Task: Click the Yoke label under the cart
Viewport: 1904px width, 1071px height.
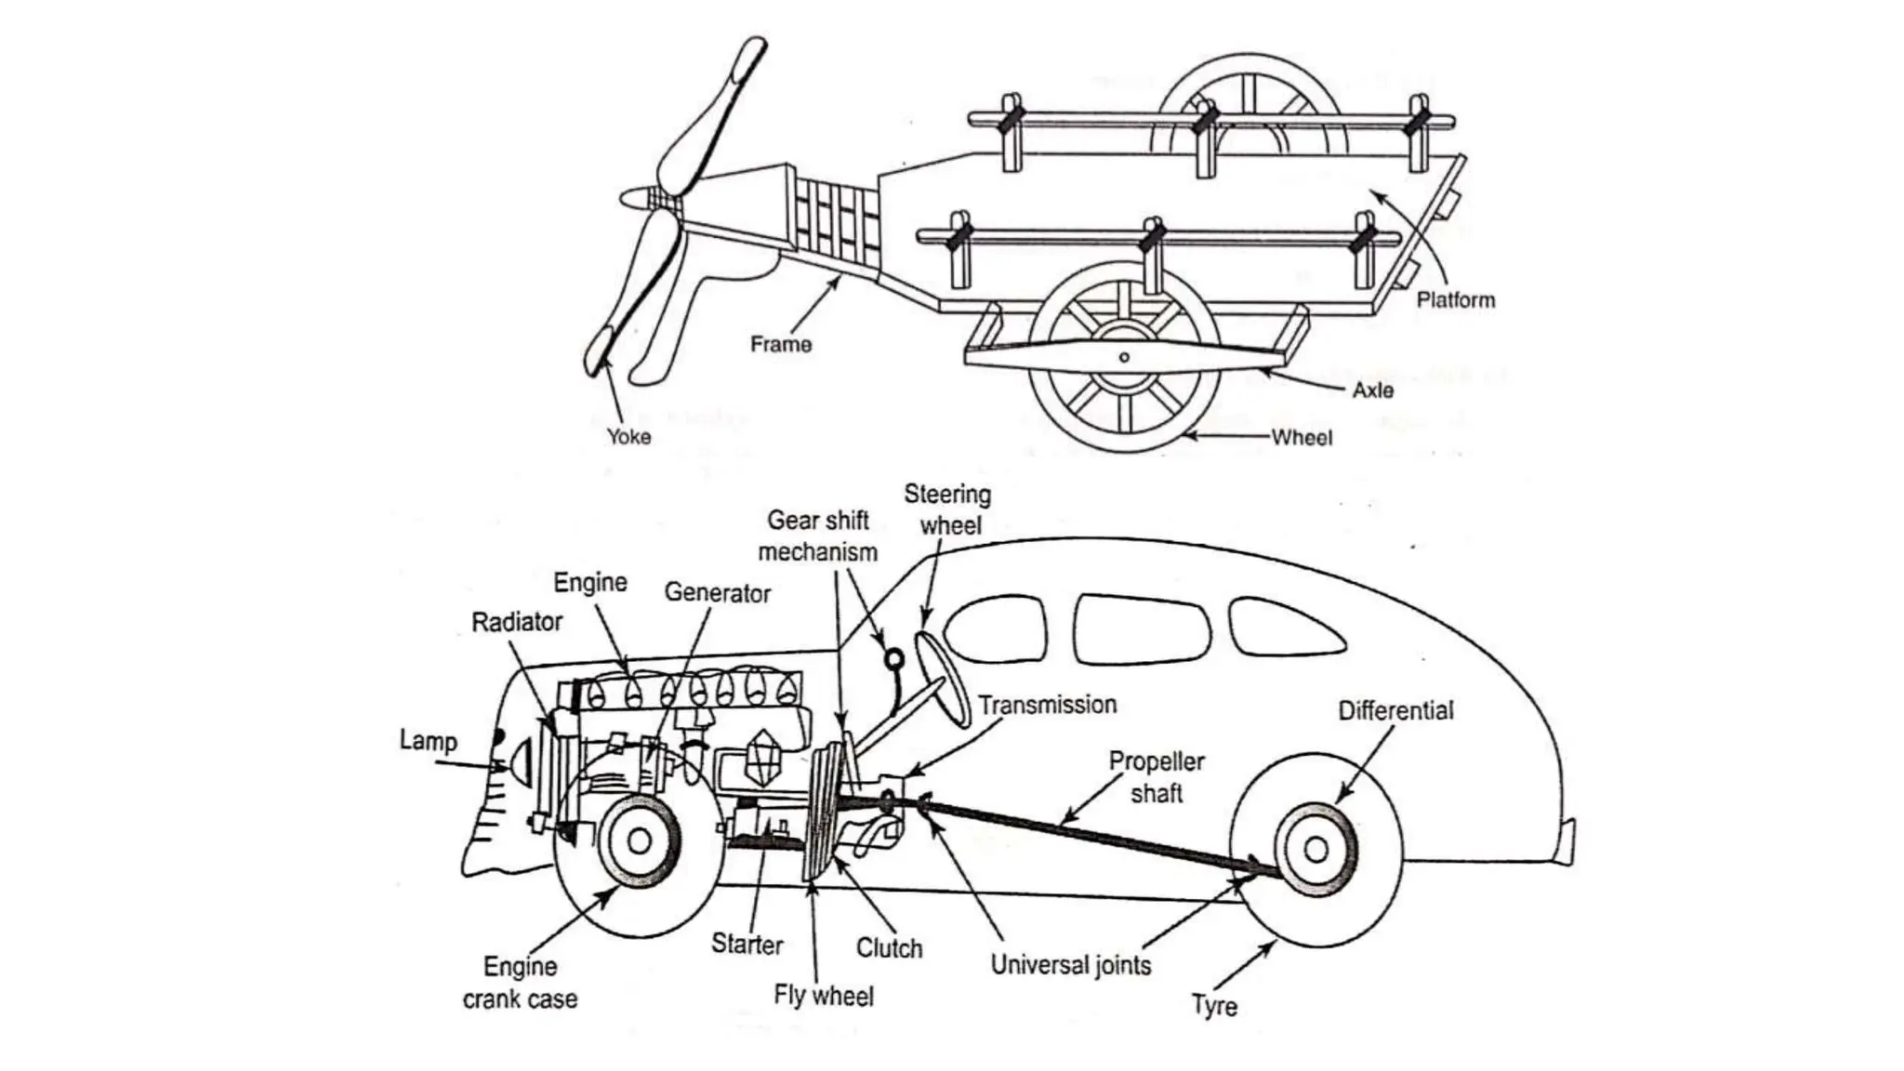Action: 628,436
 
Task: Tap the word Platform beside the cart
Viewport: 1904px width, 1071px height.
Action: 1455,300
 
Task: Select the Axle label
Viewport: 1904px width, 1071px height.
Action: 1372,390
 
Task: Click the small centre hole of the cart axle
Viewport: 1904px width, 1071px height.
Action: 1124,357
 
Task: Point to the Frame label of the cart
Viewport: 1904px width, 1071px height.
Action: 780,345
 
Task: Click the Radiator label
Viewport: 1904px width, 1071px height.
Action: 517,622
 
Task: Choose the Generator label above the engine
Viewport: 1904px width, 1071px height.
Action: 717,593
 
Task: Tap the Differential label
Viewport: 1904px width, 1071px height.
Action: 1395,711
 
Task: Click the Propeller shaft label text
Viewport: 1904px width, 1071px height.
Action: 1156,777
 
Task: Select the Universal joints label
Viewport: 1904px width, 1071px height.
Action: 1070,965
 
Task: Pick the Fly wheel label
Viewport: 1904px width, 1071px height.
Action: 824,996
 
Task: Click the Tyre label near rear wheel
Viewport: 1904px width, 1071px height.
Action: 1214,1006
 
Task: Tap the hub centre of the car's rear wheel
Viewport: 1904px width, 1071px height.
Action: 1316,849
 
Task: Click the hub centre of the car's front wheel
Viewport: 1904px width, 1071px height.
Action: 640,841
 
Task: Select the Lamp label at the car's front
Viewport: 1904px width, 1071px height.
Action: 428,741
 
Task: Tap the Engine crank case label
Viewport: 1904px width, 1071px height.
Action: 520,983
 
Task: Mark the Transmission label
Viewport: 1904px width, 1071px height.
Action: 1047,705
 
